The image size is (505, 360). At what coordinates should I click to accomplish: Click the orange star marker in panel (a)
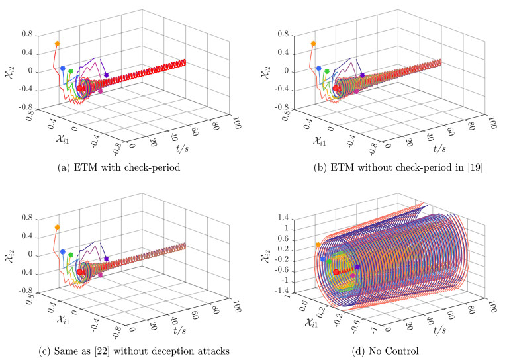(x=58, y=44)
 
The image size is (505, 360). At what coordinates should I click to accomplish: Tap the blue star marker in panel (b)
(x=319, y=68)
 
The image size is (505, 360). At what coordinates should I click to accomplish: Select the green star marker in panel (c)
(x=71, y=255)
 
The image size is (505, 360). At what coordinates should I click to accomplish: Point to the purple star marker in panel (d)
(x=357, y=267)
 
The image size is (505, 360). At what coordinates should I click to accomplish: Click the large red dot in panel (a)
(x=80, y=89)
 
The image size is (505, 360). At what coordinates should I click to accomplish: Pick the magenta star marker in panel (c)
(x=100, y=275)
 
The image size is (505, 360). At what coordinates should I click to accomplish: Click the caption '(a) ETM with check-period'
(x=118, y=167)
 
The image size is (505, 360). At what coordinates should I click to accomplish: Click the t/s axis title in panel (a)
(x=182, y=148)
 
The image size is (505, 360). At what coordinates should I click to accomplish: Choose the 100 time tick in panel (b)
(x=491, y=122)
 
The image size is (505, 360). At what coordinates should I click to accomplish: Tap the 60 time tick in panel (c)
(x=194, y=314)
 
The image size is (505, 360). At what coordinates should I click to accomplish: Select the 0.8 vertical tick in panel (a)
(x=27, y=34)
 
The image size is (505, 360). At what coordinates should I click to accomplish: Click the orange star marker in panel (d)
(x=318, y=244)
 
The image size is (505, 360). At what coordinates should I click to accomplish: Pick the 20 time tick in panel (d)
(x=408, y=326)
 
